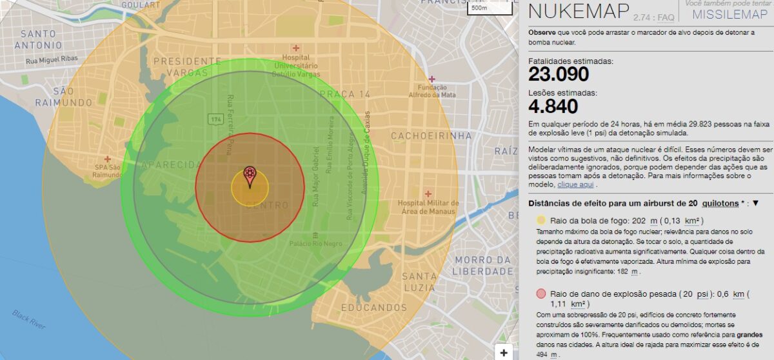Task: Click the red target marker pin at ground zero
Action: (250, 176)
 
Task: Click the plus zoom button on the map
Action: (504, 352)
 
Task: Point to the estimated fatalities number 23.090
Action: (559, 74)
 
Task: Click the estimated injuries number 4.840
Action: (553, 106)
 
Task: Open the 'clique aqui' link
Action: (575, 185)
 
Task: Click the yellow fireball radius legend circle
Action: (541, 220)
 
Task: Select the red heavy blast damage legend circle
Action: (541, 294)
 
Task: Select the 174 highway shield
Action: (215, 119)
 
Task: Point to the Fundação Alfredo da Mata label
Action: (437, 91)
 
